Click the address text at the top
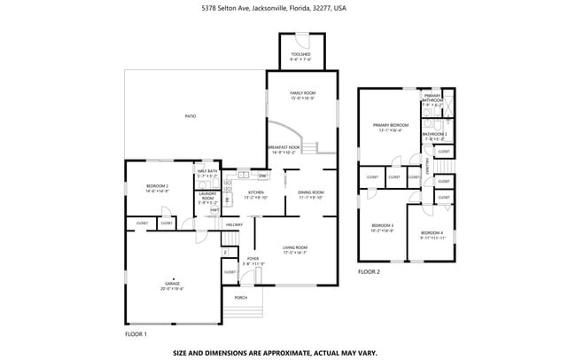point(287,7)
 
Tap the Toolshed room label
point(300,56)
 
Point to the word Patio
point(190,116)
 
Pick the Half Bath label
point(207,173)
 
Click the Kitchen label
point(256,194)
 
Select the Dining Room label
point(310,194)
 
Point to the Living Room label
point(294,249)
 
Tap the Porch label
point(240,297)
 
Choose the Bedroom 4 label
point(431,233)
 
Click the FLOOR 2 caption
point(369,271)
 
